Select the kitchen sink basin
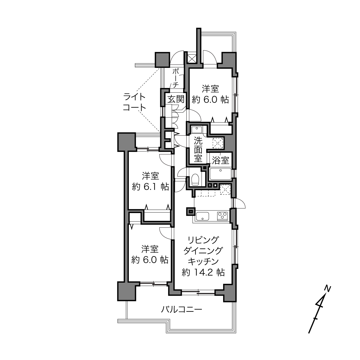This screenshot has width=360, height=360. pyautogui.click(x=202, y=216)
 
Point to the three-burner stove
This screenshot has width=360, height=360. pyautogui.click(x=222, y=216)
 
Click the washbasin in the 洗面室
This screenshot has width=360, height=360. pyautogui.click(x=196, y=129)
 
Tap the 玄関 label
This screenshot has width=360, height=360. pyautogui.click(x=176, y=99)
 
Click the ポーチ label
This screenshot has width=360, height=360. pyautogui.click(x=176, y=78)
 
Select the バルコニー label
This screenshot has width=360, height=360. pyautogui.click(x=182, y=310)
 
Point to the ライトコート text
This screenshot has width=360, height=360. pyautogui.click(x=134, y=102)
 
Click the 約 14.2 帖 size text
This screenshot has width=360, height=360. pyautogui.click(x=203, y=273)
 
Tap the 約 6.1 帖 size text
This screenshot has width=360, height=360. pyautogui.click(x=150, y=187)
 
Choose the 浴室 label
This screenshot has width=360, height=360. pyautogui.click(x=221, y=160)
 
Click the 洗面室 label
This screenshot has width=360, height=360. pyautogui.click(x=198, y=150)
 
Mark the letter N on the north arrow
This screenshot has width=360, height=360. pyautogui.click(x=327, y=289)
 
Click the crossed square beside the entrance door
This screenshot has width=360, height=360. pyautogui.click(x=192, y=58)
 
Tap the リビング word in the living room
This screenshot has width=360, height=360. pyautogui.click(x=203, y=240)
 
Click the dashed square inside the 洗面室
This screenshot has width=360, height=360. pyautogui.click(x=218, y=143)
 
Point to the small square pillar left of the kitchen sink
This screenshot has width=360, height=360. pyautogui.click(x=191, y=211)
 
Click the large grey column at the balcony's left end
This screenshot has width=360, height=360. pyautogui.click(x=127, y=292)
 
